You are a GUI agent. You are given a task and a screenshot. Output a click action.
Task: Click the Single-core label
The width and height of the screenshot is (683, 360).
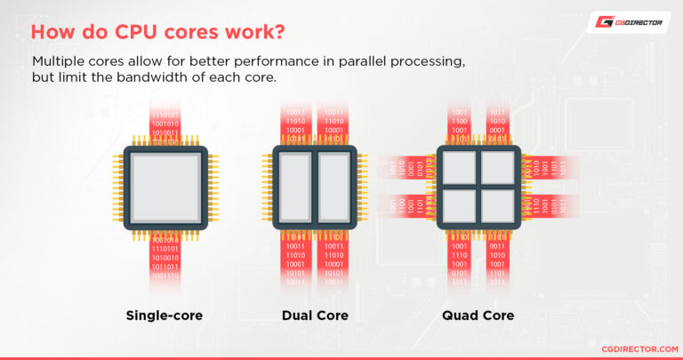165,315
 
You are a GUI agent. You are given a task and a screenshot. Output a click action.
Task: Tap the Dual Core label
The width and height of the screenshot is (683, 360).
315,315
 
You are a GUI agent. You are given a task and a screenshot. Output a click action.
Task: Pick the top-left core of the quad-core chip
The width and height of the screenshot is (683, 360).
459,167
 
